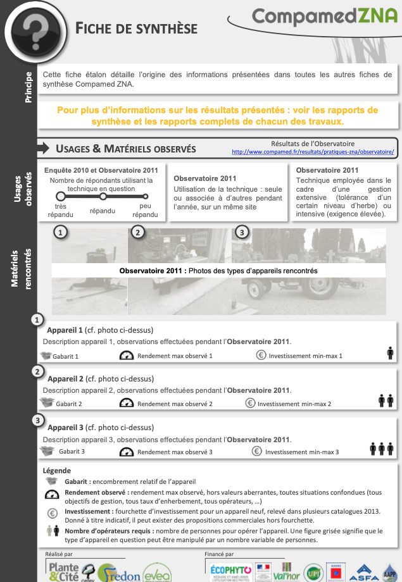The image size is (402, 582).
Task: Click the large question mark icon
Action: point(31,28)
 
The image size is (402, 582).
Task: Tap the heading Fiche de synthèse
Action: point(136,28)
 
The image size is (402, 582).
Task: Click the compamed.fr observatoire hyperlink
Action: point(313,152)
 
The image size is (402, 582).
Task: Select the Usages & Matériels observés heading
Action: point(125,149)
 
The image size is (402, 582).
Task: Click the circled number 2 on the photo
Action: point(137,233)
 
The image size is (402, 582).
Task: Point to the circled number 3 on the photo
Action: point(241,233)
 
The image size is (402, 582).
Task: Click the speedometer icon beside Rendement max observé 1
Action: point(127,356)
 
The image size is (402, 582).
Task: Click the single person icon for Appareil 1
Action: point(390,353)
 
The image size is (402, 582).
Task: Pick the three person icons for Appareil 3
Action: point(382,449)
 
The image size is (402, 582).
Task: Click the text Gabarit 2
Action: point(68,404)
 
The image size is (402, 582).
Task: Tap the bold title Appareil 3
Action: point(65,427)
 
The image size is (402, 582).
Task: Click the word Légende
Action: point(56,471)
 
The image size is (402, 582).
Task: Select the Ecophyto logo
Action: point(230,570)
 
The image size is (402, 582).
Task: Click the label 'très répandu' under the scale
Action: point(60,211)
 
